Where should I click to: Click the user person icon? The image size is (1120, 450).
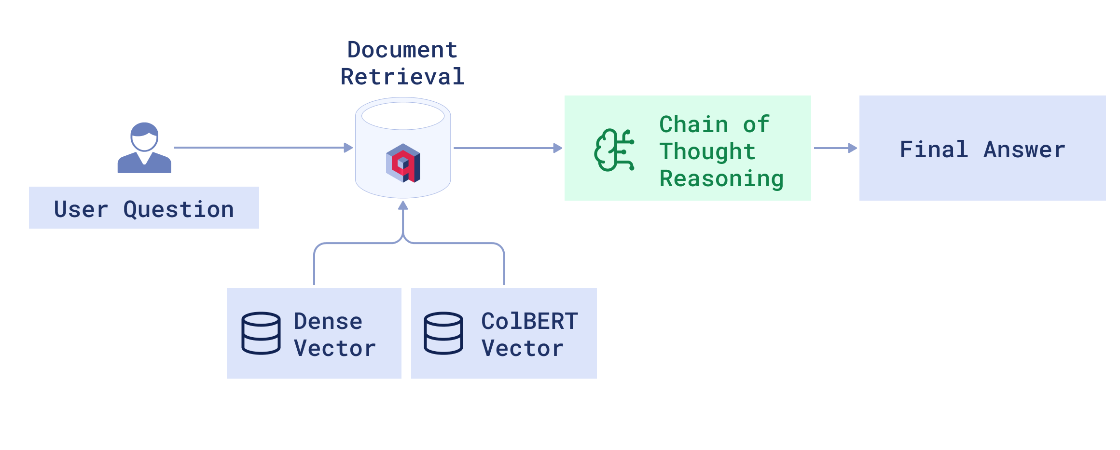point(144,148)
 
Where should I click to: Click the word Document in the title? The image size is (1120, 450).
point(402,50)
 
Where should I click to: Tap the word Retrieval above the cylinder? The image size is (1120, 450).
point(402,77)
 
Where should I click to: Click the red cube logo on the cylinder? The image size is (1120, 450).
point(403,163)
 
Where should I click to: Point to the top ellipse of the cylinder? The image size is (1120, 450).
point(403,116)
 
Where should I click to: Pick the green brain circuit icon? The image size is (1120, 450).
point(614,150)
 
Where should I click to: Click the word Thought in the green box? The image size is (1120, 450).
point(707,151)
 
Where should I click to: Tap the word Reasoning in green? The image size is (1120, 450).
point(721,178)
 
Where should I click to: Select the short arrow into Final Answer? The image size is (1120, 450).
point(835,148)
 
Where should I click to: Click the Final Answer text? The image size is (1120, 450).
point(982,149)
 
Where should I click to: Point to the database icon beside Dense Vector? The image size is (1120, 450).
point(261,333)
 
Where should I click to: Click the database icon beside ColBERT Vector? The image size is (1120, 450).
point(443,333)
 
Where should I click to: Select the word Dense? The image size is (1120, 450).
point(328,321)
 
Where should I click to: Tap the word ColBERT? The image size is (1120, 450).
point(529,321)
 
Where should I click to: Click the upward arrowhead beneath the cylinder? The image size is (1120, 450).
point(403,206)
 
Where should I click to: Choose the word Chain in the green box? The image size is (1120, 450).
point(693,124)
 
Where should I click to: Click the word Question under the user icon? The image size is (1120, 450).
point(179,209)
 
